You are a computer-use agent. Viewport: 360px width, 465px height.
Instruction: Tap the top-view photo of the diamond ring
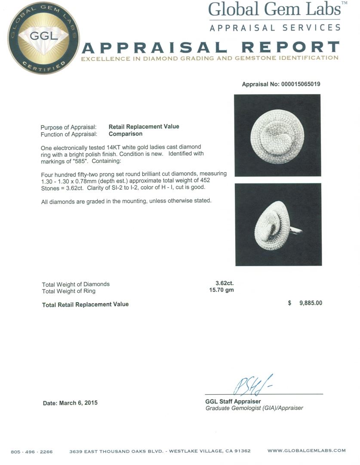277,135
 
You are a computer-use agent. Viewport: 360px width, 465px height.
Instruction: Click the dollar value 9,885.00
305,303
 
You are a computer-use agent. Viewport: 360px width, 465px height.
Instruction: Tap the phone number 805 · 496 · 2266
32,452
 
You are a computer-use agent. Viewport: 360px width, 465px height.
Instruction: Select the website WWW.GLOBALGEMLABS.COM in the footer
306,451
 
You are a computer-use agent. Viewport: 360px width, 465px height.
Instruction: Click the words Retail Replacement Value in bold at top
144,127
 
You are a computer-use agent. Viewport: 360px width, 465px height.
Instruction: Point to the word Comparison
125,134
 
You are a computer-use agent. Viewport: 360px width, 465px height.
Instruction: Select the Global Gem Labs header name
274,9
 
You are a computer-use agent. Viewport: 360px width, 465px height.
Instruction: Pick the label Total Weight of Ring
68,291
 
